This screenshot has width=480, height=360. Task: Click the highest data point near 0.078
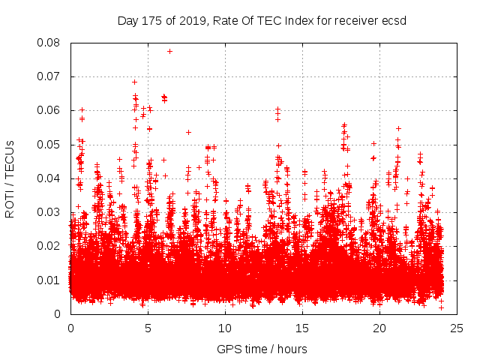[169, 51]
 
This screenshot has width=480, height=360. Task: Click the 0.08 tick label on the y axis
[51, 43]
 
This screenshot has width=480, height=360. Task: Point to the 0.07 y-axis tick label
[51, 76]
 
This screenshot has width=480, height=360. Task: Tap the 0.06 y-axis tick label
[51, 110]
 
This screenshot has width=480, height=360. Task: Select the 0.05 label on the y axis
[51, 145]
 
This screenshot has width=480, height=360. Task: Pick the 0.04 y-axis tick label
[51, 178]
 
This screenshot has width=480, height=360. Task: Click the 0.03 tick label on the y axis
[51, 212]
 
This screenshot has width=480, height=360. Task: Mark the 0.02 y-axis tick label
[51, 246]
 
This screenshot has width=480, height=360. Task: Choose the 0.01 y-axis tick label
[51, 280]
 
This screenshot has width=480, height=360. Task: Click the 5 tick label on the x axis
[148, 328]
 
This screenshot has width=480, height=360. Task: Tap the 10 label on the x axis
[225, 328]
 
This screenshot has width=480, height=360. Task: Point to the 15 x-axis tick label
[302, 328]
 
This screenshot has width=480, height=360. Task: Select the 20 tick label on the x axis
[379, 328]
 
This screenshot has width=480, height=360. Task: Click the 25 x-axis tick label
[457, 328]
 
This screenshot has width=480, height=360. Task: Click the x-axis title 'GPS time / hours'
[263, 349]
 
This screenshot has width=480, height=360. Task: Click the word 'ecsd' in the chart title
[393, 20]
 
